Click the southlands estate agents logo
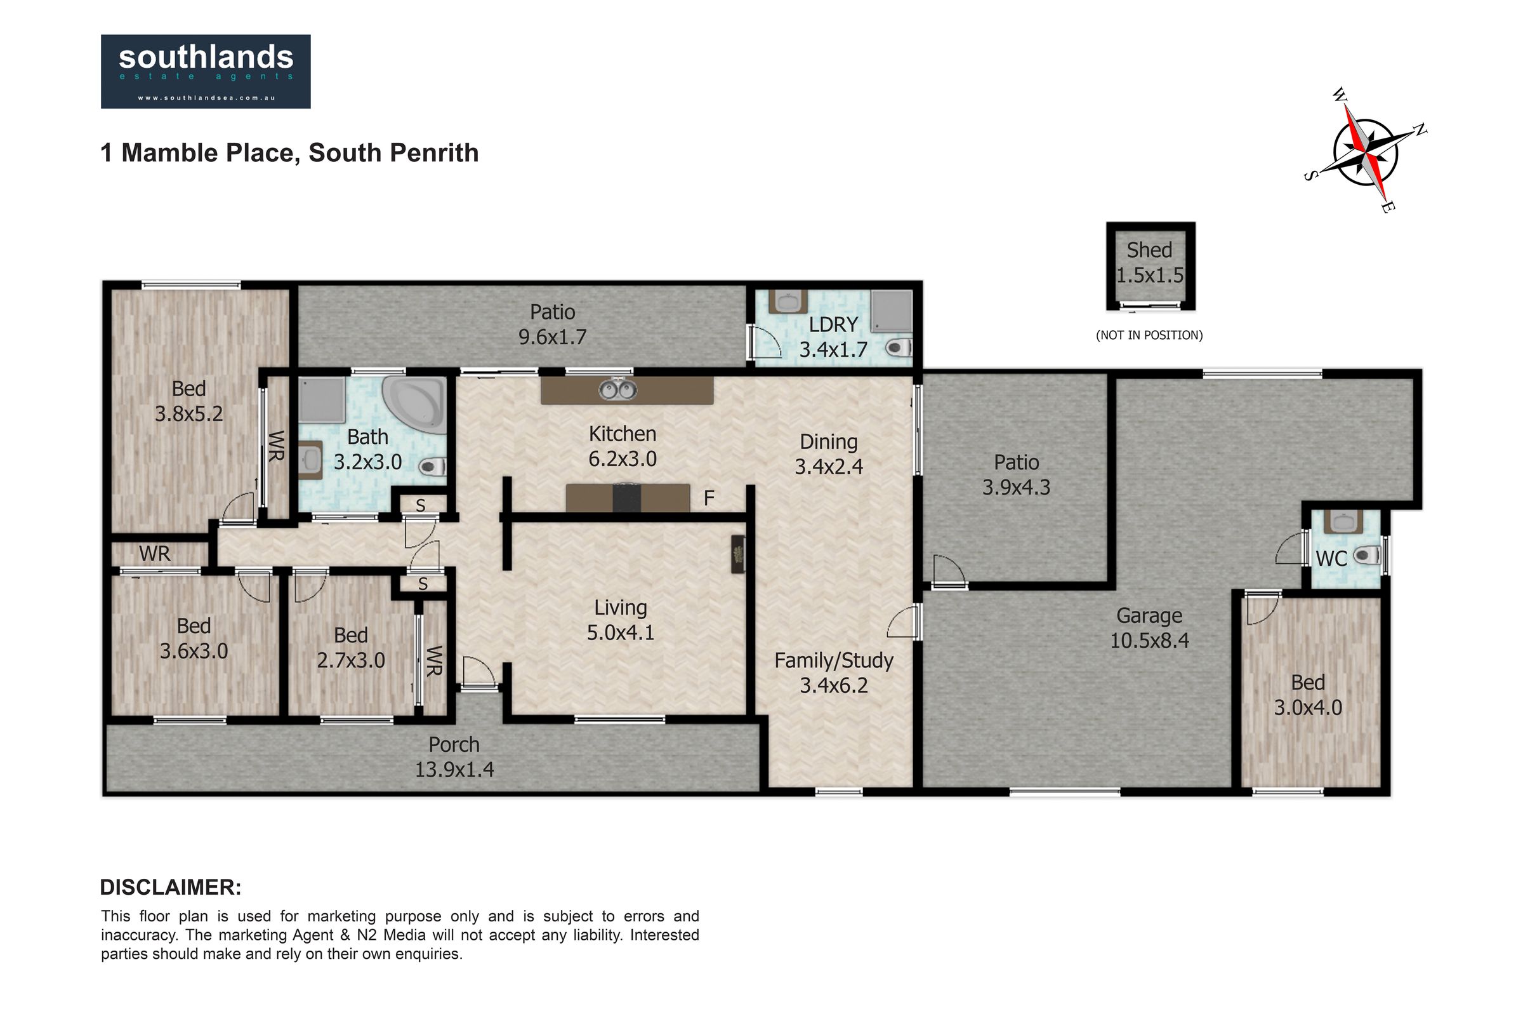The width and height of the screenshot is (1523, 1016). [206, 71]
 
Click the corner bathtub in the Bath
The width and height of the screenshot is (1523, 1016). [414, 405]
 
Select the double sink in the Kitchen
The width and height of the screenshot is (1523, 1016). [617, 389]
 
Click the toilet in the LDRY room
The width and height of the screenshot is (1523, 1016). [899, 348]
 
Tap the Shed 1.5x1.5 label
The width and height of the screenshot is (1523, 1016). [1149, 262]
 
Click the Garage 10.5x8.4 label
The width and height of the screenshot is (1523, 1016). [1149, 628]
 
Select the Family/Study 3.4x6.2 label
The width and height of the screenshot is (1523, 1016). [834, 672]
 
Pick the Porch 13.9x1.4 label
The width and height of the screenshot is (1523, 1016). [454, 757]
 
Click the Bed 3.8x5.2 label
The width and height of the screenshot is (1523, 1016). [189, 401]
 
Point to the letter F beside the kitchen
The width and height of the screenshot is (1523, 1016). [709, 498]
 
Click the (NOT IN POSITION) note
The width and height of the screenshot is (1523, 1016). [1149, 335]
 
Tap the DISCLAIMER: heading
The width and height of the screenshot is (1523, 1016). [171, 887]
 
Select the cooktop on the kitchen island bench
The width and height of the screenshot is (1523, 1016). [627, 498]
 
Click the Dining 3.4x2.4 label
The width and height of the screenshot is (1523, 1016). [829, 454]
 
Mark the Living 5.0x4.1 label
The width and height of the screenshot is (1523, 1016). [621, 620]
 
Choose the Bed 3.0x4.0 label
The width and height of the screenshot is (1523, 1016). [1308, 695]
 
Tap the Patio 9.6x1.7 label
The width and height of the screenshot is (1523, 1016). [552, 324]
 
